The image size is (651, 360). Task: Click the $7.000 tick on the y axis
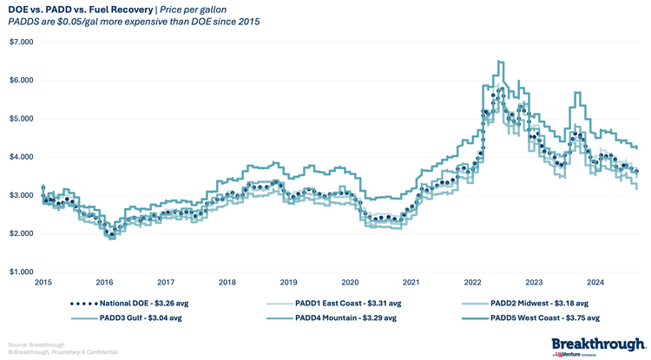pos(21,42)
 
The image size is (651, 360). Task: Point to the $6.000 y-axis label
pos(21,80)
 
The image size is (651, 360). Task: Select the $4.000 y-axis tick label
pos(21,157)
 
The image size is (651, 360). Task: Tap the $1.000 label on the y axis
pos(21,272)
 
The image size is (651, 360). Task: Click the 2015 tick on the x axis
pos(43,282)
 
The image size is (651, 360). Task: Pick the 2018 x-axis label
pos(227,282)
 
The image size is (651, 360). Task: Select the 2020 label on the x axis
pos(350,282)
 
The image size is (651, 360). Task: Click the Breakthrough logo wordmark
pos(598,341)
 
